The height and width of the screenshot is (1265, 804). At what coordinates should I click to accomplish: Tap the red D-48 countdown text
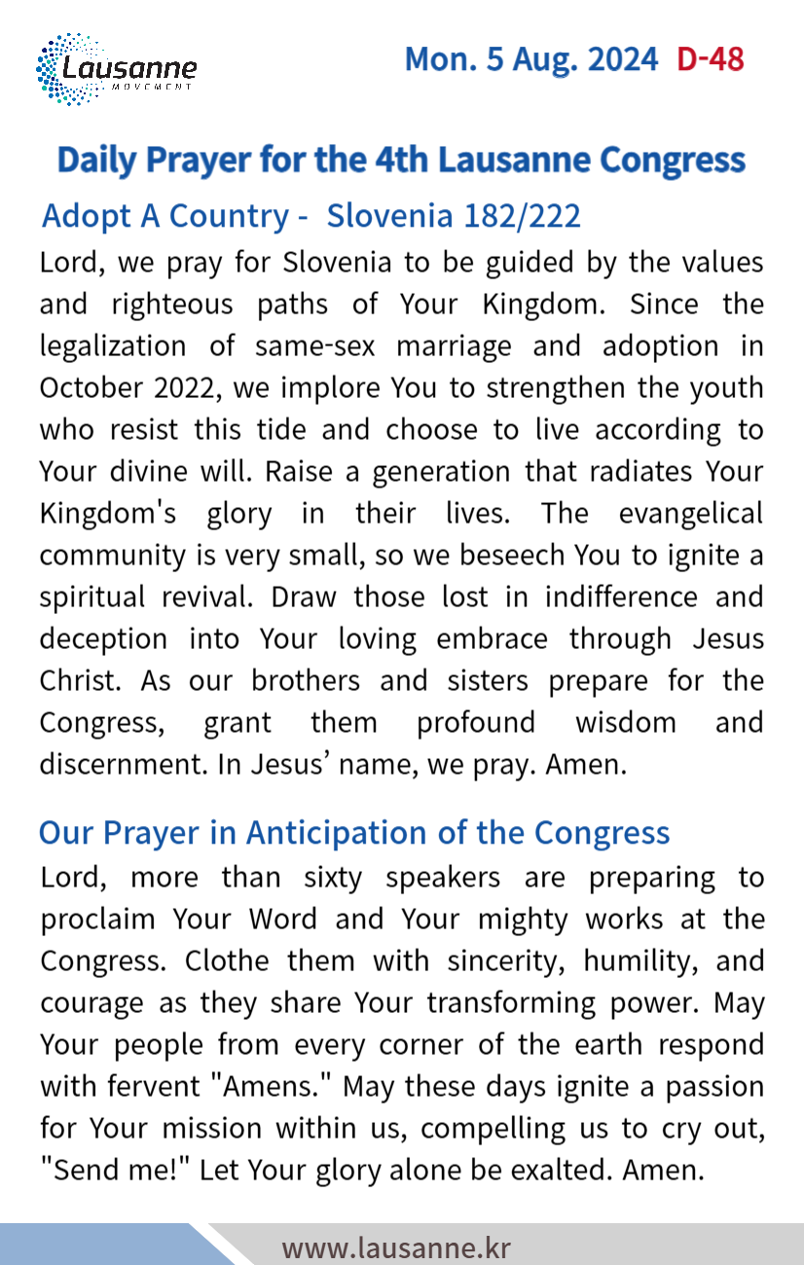(x=711, y=59)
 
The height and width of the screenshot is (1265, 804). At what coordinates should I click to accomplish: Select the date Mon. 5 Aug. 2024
(x=530, y=59)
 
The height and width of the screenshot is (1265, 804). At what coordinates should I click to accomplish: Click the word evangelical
(x=691, y=513)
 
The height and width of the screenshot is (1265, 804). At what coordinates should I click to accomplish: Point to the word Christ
(x=80, y=680)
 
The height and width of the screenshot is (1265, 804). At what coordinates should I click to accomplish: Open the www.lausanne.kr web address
(x=395, y=1247)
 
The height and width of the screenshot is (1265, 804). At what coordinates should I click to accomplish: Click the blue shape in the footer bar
(x=97, y=1246)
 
